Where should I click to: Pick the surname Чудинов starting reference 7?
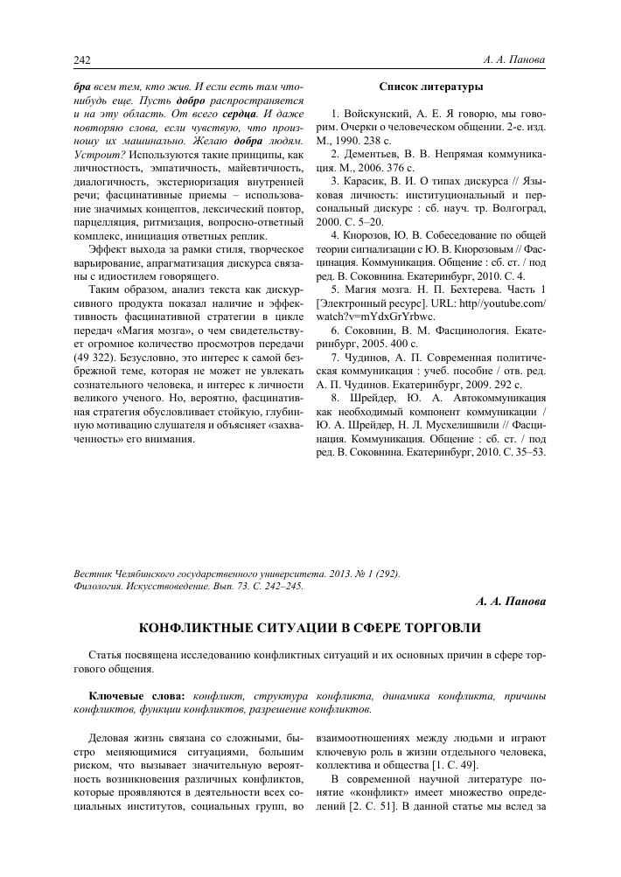tap(374, 357)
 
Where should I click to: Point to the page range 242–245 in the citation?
tap(280, 586)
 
